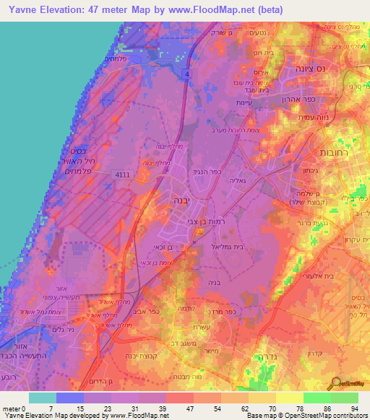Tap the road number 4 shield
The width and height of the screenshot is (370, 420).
[186, 74]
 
